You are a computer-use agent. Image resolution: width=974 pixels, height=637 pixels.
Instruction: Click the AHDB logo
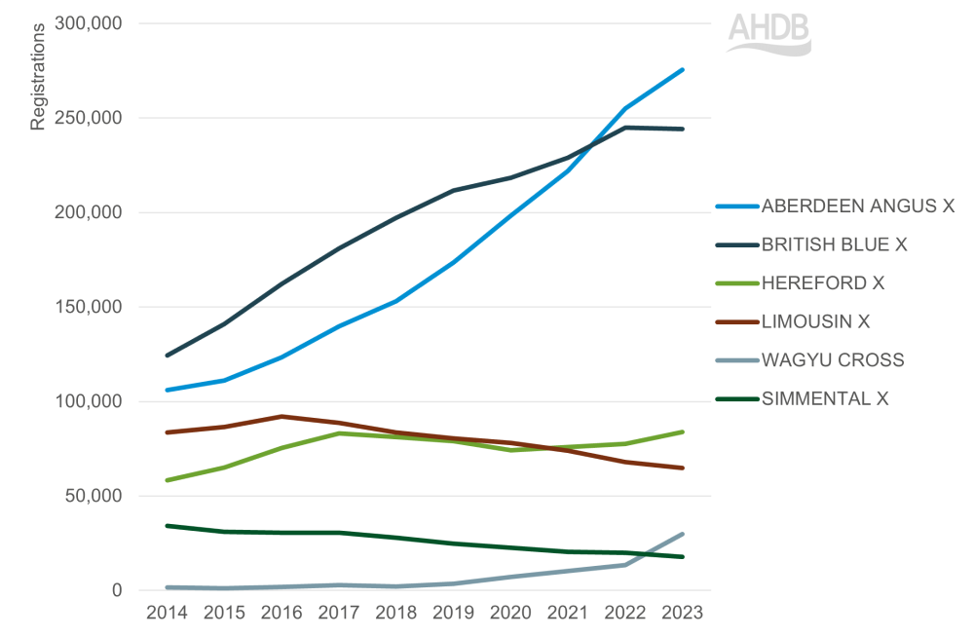click(x=768, y=34)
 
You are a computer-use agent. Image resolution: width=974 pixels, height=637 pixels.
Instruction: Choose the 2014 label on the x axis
click(x=167, y=614)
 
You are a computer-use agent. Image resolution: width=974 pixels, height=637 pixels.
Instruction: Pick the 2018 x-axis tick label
click(x=395, y=614)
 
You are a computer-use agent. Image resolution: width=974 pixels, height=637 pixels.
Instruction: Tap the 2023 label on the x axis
click(x=682, y=614)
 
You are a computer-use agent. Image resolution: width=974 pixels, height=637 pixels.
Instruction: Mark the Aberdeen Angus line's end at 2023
click(x=682, y=70)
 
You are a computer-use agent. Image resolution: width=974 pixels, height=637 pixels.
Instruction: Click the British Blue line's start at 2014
click(x=167, y=356)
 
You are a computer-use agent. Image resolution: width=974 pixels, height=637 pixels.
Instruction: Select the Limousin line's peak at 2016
click(x=281, y=416)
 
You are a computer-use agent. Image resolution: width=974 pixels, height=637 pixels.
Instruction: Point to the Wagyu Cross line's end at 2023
click(x=682, y=534)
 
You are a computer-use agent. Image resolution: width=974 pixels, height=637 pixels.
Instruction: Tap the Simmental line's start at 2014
click(x=167, y=526)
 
